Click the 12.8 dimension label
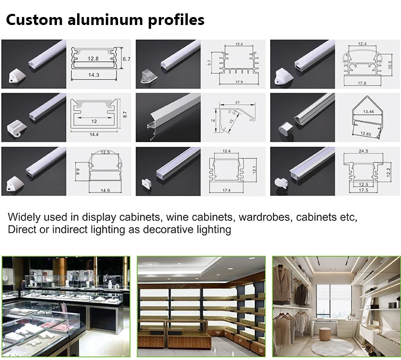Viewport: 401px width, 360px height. (x=94, y=58)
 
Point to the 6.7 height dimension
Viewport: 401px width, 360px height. (x=126, y=59)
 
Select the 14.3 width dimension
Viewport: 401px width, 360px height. (x=94, y=76)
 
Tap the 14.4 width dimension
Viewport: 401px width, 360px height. (x=94, y=135)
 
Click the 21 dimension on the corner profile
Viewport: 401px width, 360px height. (x=238, y=103)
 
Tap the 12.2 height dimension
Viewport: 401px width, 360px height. (x=389, y=171)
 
